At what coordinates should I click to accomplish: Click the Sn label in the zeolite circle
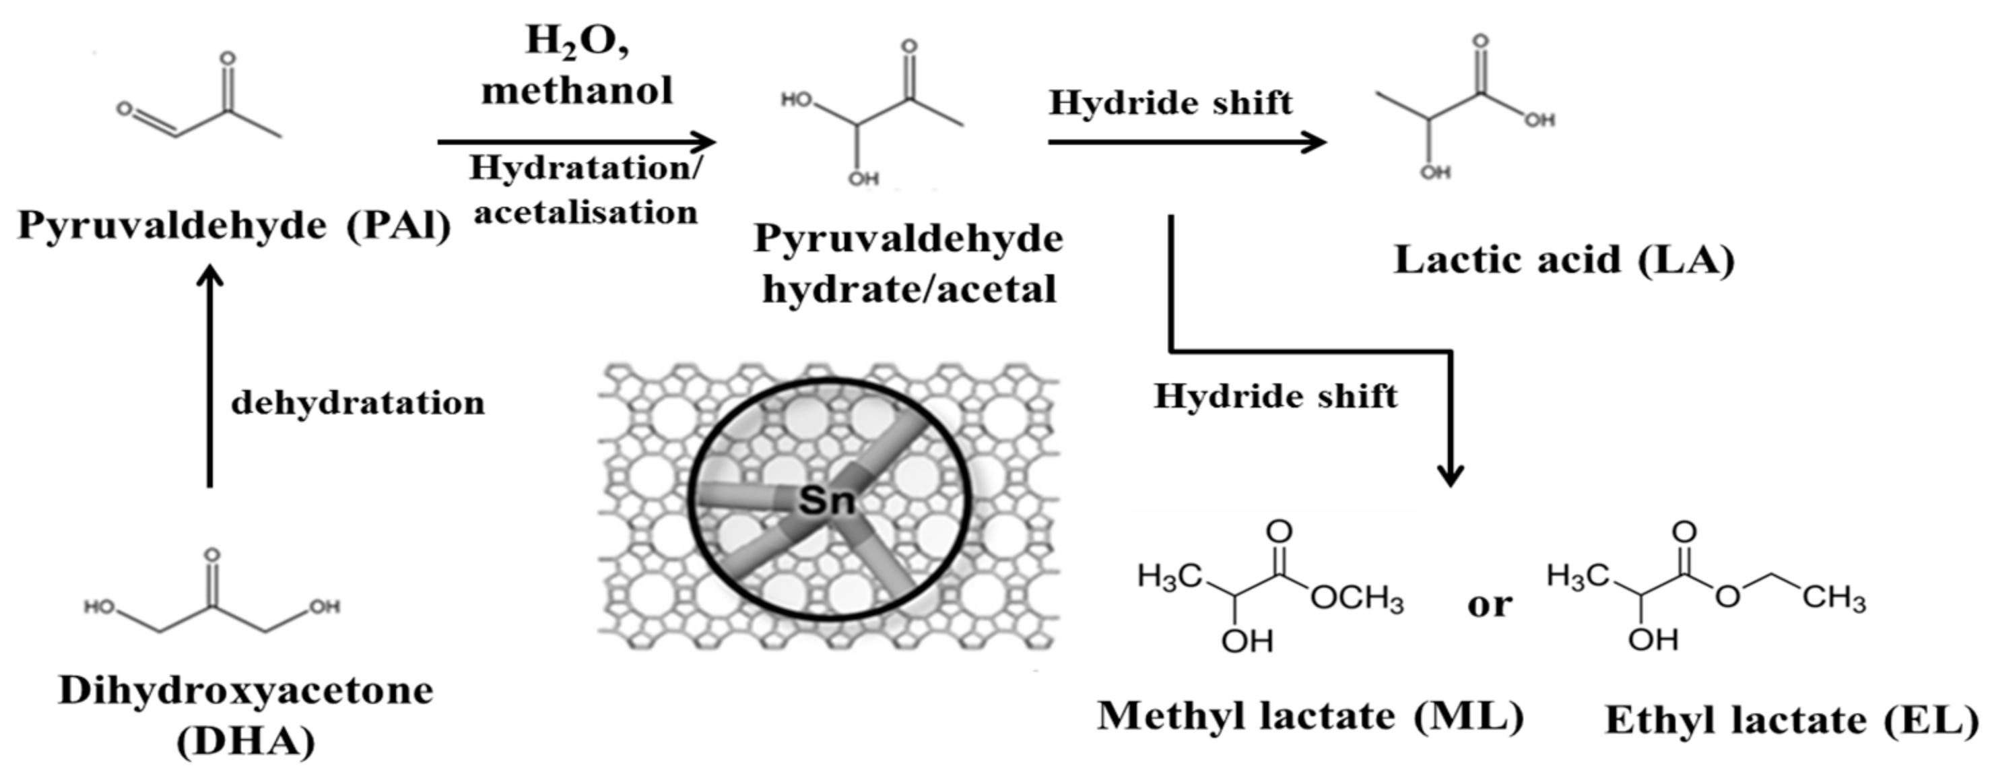(x=826, y=501)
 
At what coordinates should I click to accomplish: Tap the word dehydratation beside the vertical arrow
(x=358, y=404)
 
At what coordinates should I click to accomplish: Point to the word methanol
(x=576, y=90)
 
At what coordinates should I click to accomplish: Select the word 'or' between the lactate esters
(x=1488, y=605)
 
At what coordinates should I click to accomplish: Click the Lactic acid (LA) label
(x=1564, y=260)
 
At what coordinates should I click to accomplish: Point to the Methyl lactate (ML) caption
(x=1310, y=716)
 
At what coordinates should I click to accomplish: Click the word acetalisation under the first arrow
(x=585, y=213)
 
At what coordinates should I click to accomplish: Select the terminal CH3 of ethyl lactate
(x=1834, y=598)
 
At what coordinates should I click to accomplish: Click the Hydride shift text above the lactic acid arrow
(x=1170, y=103)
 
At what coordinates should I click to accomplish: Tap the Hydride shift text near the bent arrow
(x=1275, y=397)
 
